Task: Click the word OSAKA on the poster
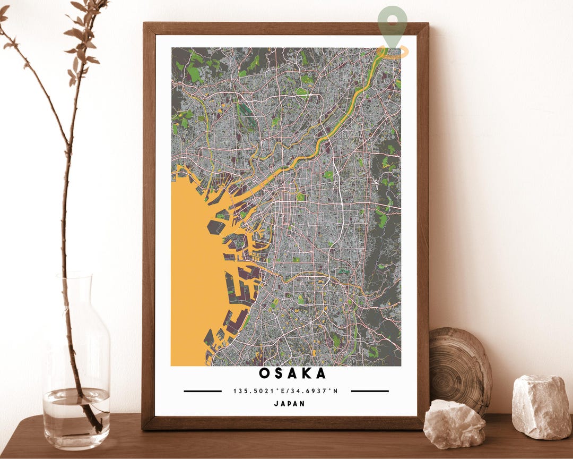(292, 373)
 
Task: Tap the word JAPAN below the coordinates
(289, 403)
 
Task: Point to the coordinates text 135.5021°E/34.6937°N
(285, 391)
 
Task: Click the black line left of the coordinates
(203, 391)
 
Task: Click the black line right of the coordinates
(370, 391)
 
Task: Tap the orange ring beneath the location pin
(393, 52)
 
